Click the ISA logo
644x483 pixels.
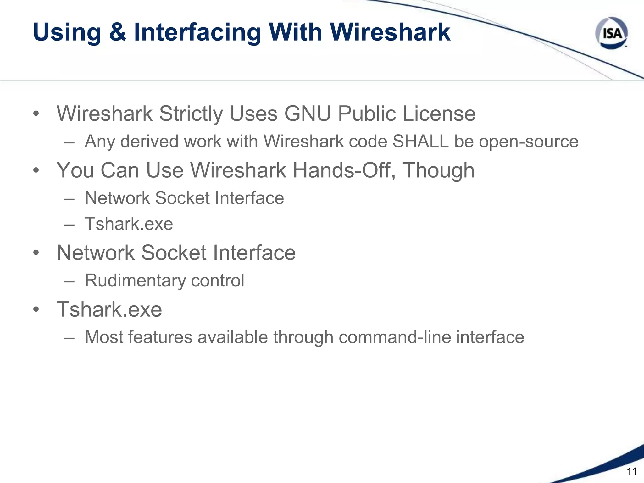click(x=611, y=33)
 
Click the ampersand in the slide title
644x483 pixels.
click(x=118, y=32)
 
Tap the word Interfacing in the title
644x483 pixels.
click(x=197, y=33)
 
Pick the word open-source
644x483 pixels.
click(x=529, y=142)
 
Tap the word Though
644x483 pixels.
click(x=439, y=171)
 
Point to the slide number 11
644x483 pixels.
click(x=631, y=472)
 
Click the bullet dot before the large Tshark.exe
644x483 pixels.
click(x=36, y=309)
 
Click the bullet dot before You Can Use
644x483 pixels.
click(x=36, y=170)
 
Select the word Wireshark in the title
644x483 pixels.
click(x=390, y=32)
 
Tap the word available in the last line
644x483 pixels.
click(x=232, y=337)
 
